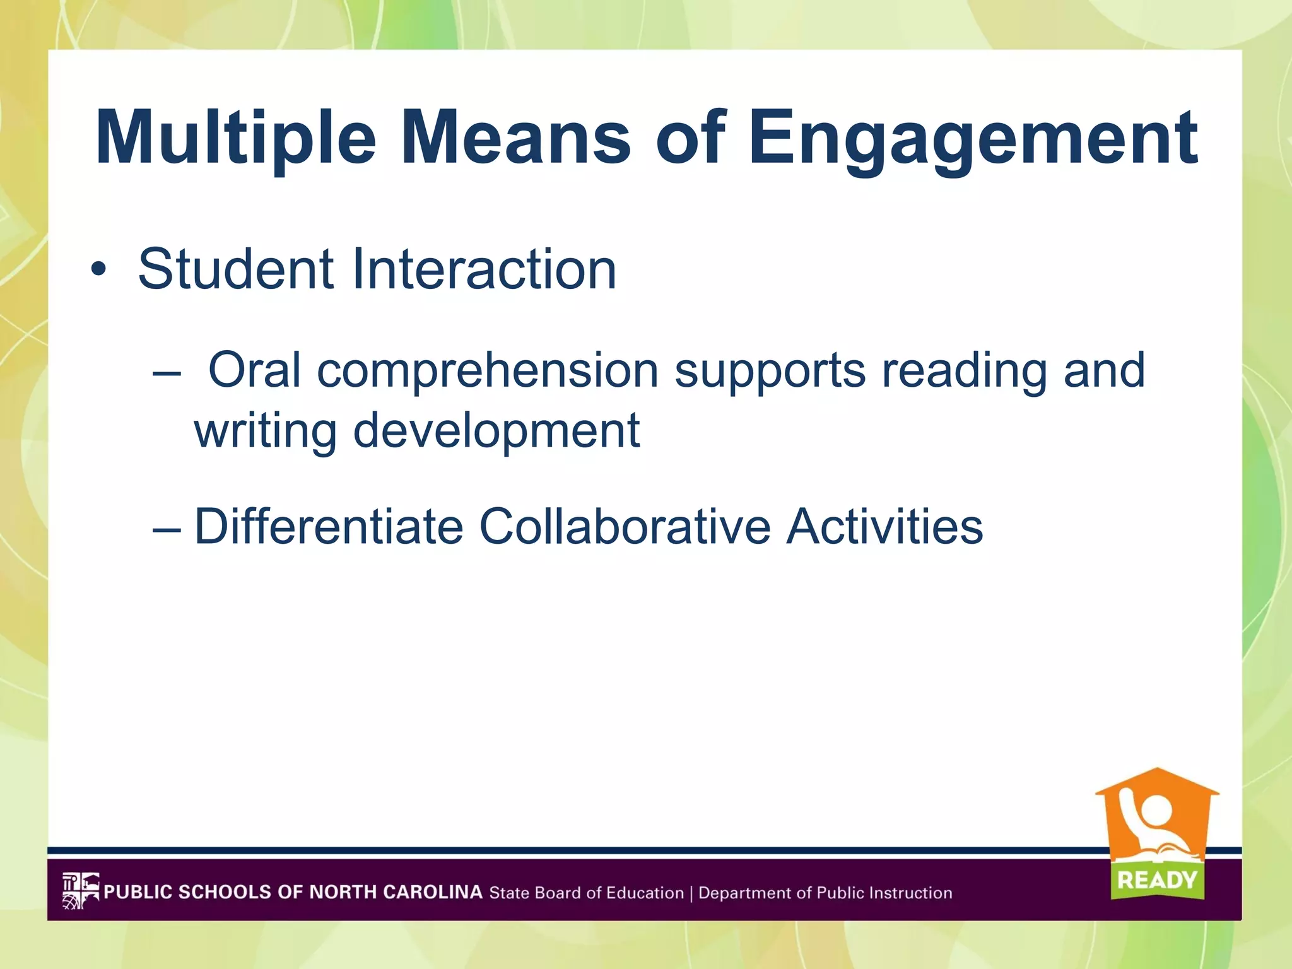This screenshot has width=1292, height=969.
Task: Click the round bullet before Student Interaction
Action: point(98,270)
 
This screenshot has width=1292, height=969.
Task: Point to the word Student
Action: point(236,269)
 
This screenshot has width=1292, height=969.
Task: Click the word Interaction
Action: point(484,269)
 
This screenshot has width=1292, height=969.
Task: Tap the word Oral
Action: point(255,370)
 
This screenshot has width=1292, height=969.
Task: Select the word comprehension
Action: point(488,370)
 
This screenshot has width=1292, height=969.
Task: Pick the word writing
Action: point(265,431)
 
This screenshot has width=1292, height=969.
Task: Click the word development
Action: point(496,431)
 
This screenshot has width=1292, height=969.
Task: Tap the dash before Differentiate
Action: point(166,527)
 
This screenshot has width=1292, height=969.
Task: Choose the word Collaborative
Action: point(625,527)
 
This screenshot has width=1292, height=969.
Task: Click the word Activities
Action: point(884,527)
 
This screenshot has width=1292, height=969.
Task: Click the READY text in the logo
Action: point(1157,880)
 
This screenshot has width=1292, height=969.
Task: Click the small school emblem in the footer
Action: point(81,890)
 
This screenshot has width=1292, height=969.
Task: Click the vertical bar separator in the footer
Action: point(691,893)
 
